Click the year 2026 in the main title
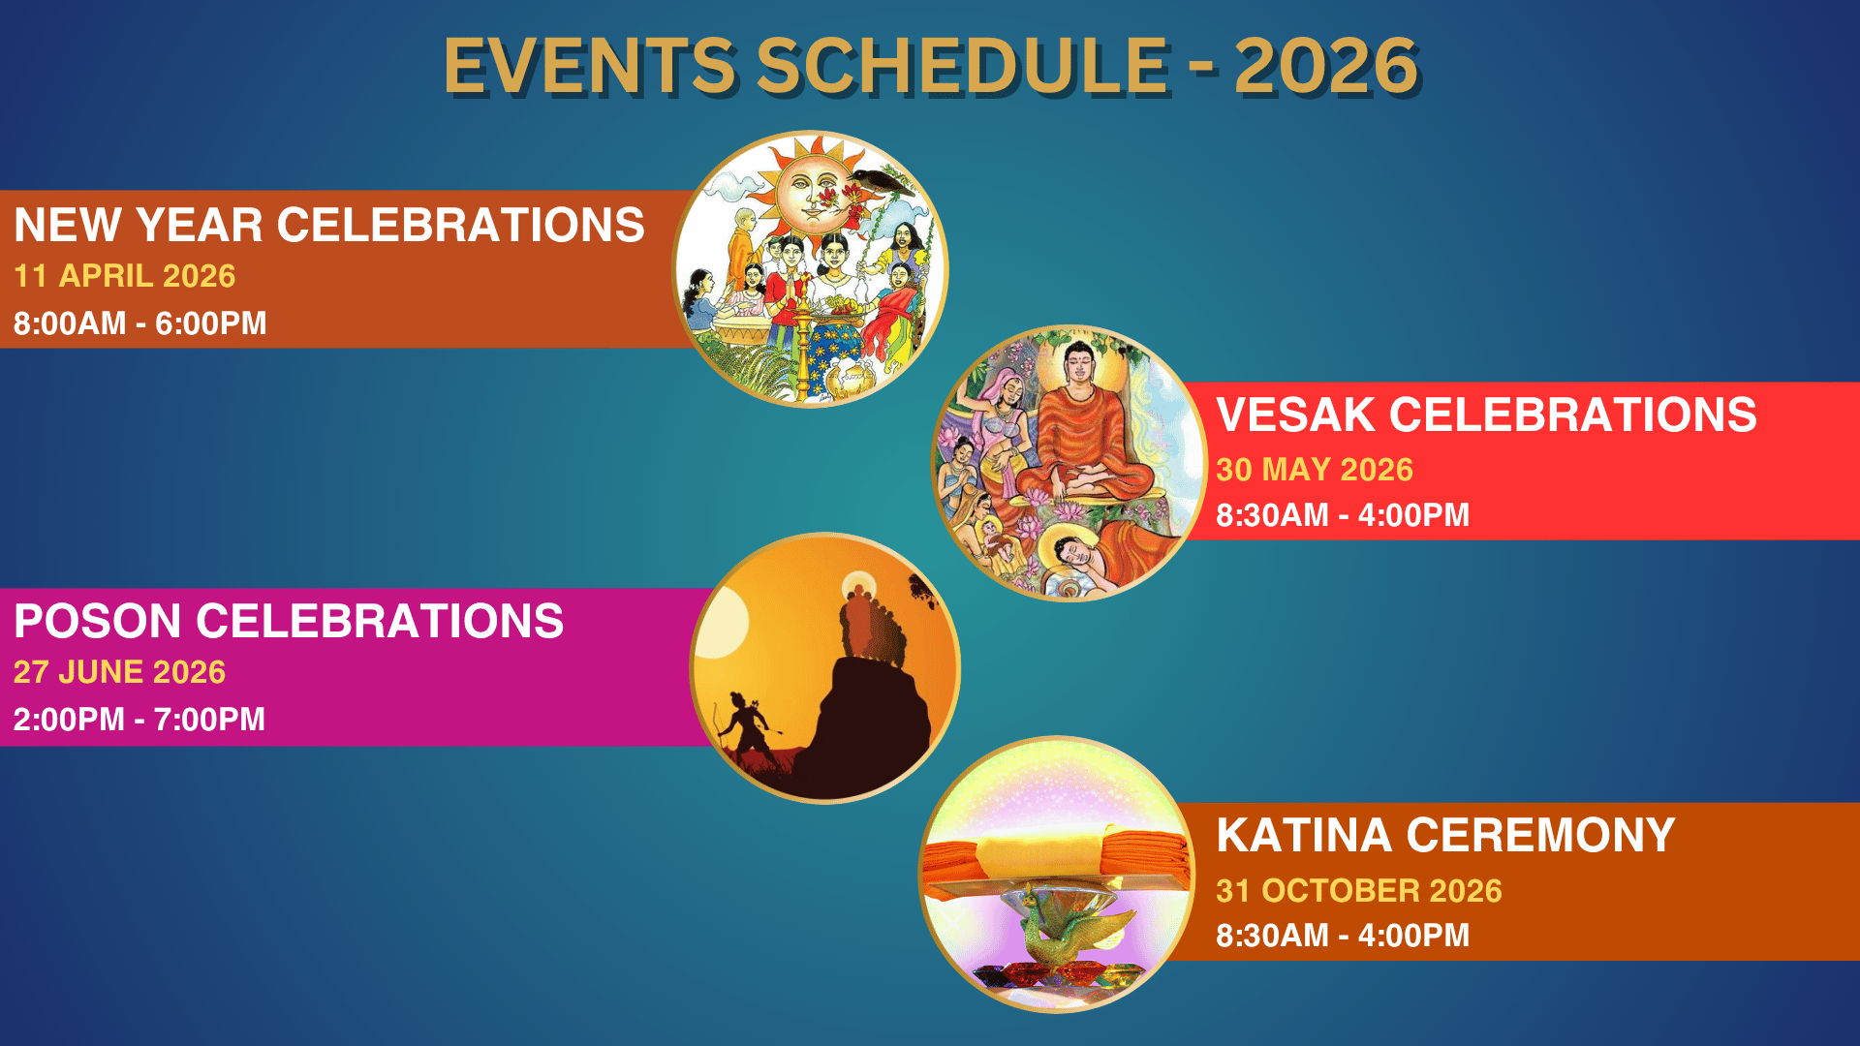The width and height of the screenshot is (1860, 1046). (x=1326, y=66)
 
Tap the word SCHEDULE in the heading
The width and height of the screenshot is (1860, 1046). (x=963, y=66)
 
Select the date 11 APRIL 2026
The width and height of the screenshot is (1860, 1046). (x=125, y=276)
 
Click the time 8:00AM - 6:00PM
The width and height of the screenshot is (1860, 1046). (x=139, y=323)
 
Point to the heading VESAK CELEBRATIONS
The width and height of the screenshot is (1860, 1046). (x=1486, y=415)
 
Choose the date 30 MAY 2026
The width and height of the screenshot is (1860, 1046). (x=1315, y=470)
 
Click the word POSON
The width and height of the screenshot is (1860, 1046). (x=98, y=621)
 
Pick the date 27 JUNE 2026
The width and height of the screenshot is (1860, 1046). (x=119, y=672)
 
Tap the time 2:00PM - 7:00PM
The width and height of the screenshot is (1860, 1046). (x=139, y=720)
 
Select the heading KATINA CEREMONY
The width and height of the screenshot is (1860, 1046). (x=1445, y=835)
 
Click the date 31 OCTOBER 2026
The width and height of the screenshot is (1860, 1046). (x=1359, y=891)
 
